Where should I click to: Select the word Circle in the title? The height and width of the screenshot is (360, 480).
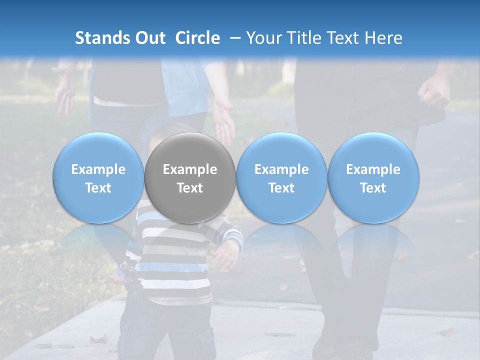click(x=197, y=38)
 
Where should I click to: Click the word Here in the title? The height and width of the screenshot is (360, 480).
click(x=382, y=38)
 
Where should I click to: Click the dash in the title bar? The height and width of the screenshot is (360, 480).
click(x=233, y=38)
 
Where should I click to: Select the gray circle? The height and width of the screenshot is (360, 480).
click(x=190, y=178)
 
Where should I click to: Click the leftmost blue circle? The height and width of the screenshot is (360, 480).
click(x=98, y=178)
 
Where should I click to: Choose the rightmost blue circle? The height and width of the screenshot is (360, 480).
click(x=373, y=178)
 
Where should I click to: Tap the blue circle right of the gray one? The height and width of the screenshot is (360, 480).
click(x=281, y=178)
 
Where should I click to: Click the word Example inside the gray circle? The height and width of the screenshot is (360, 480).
click(x=190, y=169)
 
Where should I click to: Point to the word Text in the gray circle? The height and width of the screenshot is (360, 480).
click(x=190, y=188)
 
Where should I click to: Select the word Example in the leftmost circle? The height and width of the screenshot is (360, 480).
click(x=98, y=169)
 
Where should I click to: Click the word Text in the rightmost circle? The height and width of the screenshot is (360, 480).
click(x=373, y=188)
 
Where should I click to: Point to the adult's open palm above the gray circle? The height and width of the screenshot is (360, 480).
click(x=223, y=120)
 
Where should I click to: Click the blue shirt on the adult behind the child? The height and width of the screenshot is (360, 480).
click(x=185, y=85)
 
